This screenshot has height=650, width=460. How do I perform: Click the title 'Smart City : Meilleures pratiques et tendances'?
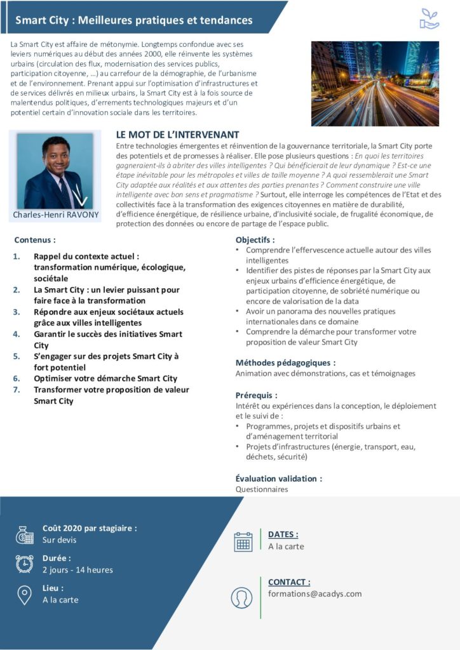point(133,20)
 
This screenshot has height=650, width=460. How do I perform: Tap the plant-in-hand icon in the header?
point(430,19)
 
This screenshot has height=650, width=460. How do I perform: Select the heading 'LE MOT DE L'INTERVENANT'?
point(178,135)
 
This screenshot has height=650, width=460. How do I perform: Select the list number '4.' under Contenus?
point(18,334)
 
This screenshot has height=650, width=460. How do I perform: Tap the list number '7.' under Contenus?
point(18,390)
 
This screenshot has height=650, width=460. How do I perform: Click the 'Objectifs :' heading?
point(255,240)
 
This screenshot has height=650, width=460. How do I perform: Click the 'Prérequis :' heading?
point(256,395)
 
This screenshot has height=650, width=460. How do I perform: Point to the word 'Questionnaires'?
point(262,489)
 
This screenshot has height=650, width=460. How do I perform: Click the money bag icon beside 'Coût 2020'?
point(25,534)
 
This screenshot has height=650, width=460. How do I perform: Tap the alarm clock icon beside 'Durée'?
point(25,564)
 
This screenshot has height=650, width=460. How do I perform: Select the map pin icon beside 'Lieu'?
point(25,594)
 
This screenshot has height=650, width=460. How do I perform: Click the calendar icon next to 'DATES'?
point(243,541)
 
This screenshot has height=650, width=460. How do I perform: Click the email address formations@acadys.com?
point(315,594)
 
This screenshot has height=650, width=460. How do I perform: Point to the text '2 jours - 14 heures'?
point(78,569)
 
